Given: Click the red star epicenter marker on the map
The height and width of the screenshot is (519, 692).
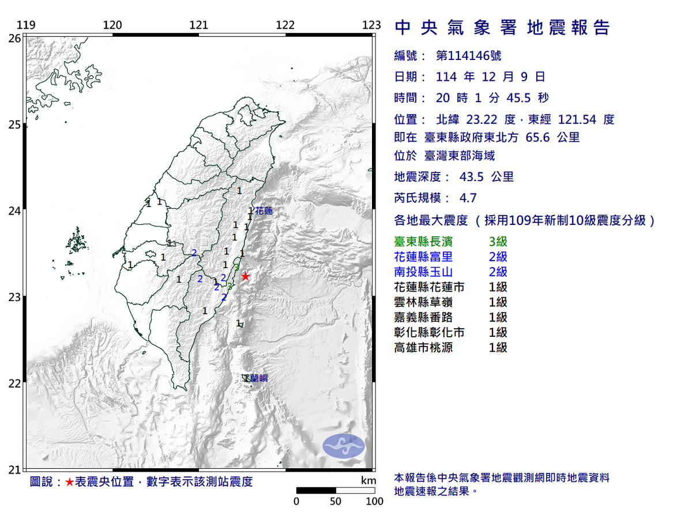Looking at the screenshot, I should (x=246, y=276).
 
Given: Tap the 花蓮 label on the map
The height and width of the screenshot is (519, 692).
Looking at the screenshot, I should (x=264, y=211).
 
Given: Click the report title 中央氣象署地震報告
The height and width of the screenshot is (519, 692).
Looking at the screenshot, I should (x=502, y=27).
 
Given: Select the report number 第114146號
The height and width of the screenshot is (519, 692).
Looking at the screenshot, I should (x=468, y=56).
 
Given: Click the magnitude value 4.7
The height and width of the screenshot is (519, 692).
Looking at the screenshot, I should (x=468, y=198).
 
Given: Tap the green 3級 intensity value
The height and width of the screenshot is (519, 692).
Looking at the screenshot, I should (x=498, y=242).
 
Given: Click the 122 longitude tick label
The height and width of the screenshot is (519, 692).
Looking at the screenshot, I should (x=285, y=25).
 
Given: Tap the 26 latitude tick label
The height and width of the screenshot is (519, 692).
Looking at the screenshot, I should (x=14, y=39).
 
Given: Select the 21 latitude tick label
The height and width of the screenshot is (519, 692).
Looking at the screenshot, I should (x=14, y=470).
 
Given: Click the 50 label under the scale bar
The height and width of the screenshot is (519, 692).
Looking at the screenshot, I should (x=336, y=501).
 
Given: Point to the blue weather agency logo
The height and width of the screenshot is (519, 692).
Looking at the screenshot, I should (x=344, y=446).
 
